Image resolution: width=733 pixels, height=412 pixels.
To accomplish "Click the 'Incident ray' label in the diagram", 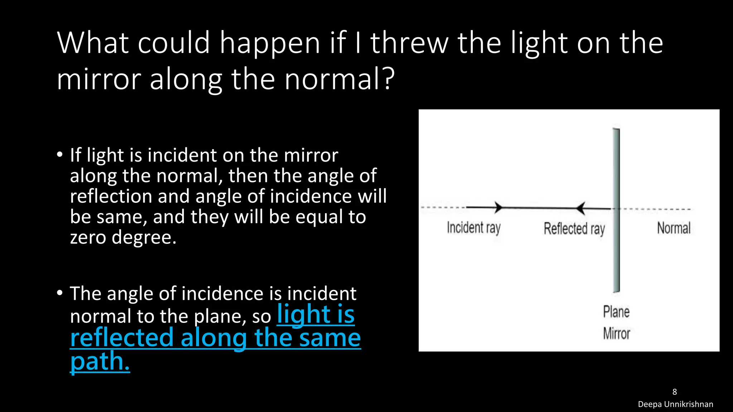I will click(474, 228).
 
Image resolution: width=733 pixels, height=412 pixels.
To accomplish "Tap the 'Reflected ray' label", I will click(574, 229).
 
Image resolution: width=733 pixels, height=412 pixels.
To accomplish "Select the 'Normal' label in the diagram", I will click(673, 228).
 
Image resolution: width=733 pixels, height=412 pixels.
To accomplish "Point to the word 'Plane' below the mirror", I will click(616, 312).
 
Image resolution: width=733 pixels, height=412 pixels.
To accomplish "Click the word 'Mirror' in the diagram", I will click(616, 333).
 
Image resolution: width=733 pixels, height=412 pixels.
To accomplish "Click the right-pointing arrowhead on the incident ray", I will click(498, 207).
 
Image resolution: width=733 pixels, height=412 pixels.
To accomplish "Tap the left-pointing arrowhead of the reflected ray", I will click(580, 208).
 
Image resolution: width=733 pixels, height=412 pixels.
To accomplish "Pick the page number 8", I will click(675, 392).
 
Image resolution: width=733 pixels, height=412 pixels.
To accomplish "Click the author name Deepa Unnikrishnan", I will click(675, 404).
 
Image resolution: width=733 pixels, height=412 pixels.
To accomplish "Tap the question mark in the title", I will click(388, 79).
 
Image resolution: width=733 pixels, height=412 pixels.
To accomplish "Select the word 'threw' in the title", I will click(409, 43).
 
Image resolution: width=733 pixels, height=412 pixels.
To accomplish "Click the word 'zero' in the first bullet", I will click(88, 237).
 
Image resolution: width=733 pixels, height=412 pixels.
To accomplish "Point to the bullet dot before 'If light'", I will click(60, 155).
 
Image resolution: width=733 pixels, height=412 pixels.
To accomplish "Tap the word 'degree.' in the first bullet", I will click(144, 237).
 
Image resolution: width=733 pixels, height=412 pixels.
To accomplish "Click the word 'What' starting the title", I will click(93, 43).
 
